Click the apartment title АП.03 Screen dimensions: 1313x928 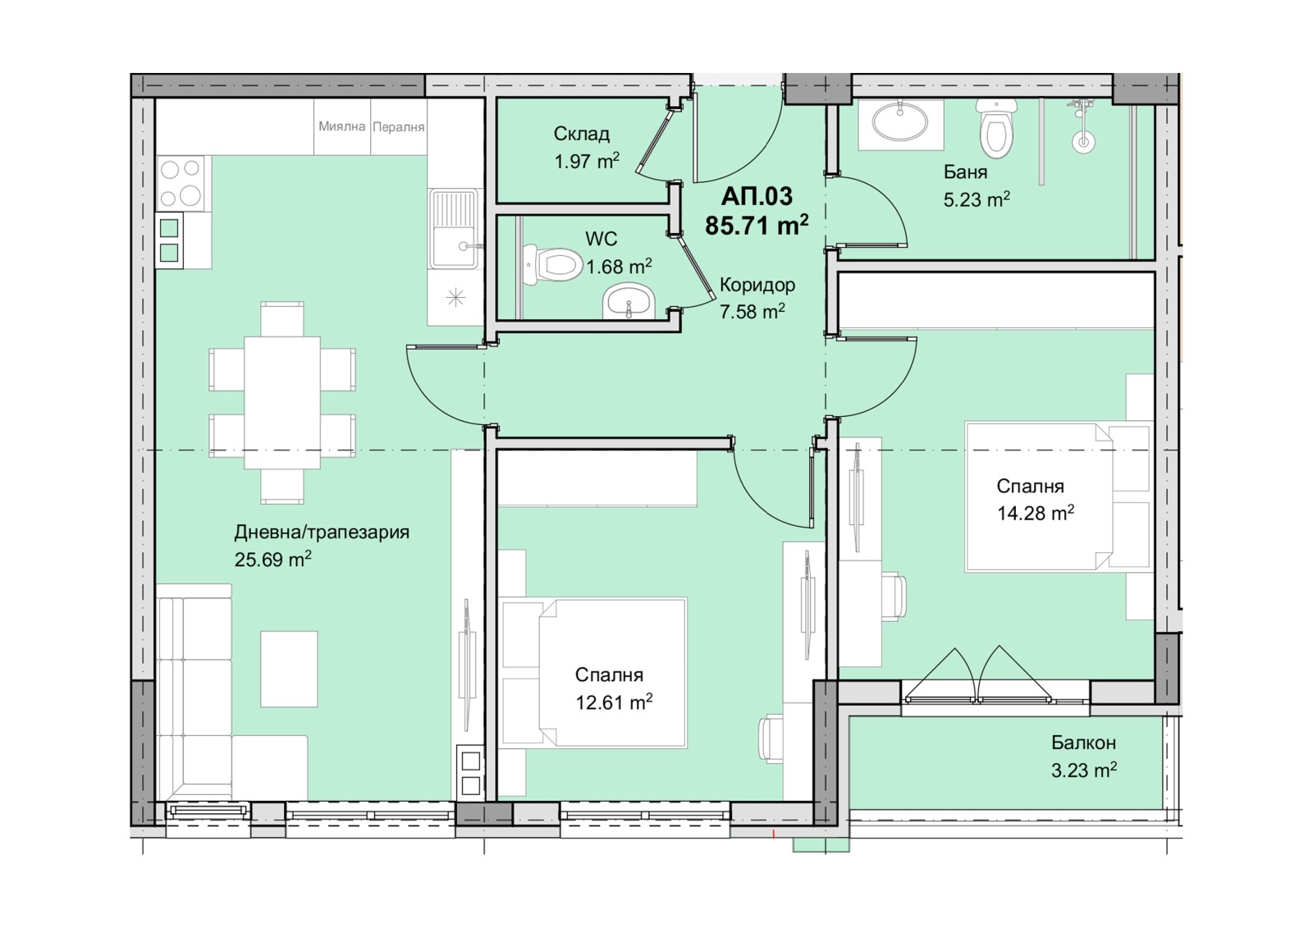[756, 196]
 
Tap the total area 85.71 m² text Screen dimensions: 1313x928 [757, 225]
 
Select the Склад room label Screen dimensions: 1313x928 [582, 135]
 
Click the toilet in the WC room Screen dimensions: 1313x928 [552, 265]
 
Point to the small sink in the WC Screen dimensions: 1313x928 [629, 301]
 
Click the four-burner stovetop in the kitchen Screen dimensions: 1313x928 [181, 184]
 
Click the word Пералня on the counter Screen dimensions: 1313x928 [399, 127]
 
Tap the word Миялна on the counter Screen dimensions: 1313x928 [341, 126]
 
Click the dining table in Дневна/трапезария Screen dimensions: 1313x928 [282, 403]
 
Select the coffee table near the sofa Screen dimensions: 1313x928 [289, 670]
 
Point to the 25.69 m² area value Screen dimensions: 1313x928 [272, 560]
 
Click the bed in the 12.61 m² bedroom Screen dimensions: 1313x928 [612, 673]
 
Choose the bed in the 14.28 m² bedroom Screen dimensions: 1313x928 [1038, 496]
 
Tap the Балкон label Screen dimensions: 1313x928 [1083, 743]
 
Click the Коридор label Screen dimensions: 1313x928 [757, 286]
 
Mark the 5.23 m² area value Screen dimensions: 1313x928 [977, 199]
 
